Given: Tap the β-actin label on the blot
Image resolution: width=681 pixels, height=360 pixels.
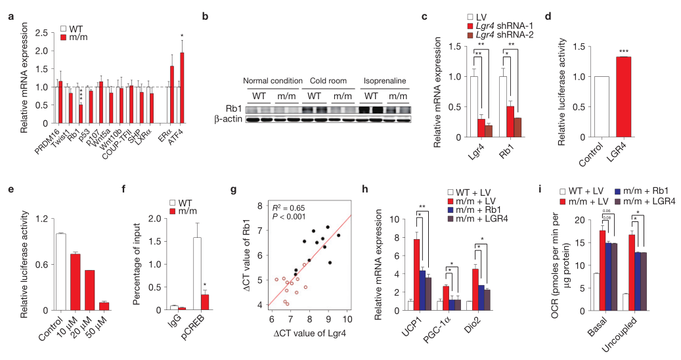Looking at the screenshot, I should pyautogui.click(x=226, y=119).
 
